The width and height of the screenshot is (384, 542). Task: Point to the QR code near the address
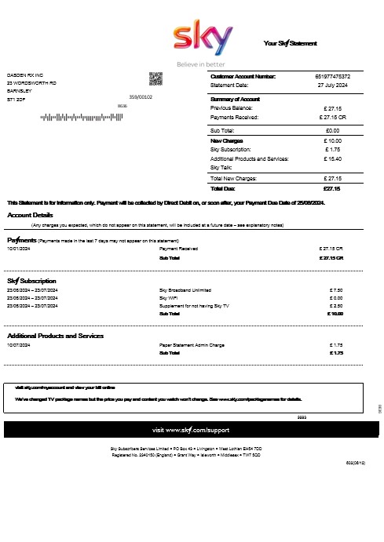[155, 78]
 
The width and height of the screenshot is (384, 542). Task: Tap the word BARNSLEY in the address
[21, 91]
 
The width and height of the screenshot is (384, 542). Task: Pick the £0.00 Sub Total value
[332, 130]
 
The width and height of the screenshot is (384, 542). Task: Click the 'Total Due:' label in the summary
[224, 188]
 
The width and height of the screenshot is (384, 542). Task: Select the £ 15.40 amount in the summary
[332, 158]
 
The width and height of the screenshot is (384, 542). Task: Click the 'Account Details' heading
[31, 215]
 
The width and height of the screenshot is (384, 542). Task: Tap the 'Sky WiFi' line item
[168, 298]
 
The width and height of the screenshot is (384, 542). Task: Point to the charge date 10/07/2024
[19, 345]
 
